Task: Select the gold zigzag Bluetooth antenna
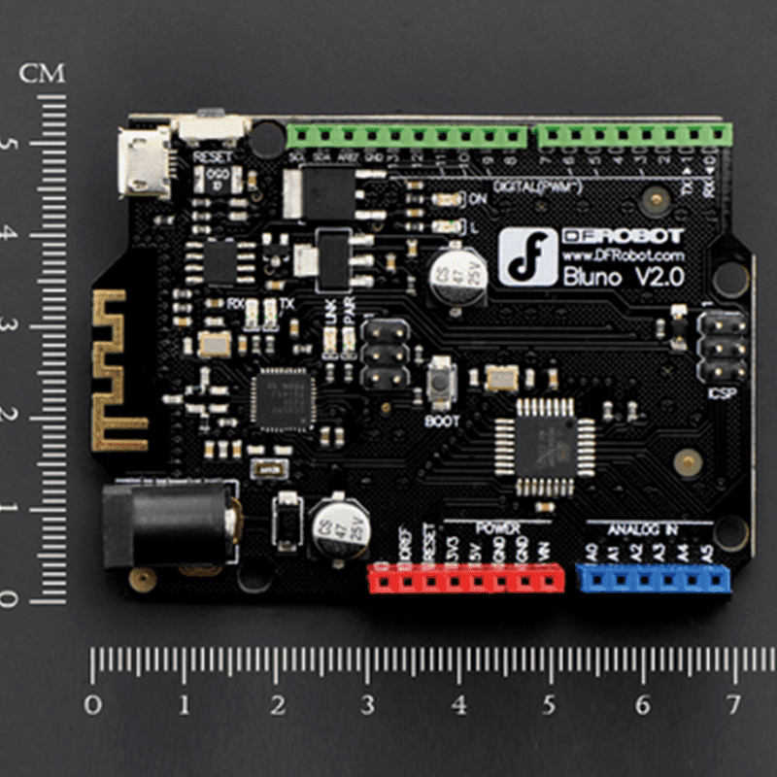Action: [x=118, y=370]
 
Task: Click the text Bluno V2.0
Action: [x=624, y=277]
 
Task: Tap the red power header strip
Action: [x=465, y=580]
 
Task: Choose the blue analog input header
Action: [x=653, y=579]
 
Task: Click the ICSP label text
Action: [x=724, y=395]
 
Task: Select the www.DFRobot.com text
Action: [x=624, y=254]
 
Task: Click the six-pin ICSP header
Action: [x=723, y=348]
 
